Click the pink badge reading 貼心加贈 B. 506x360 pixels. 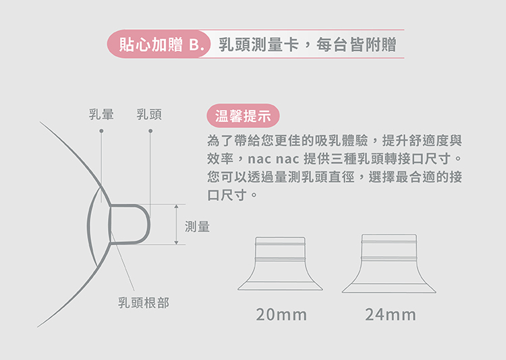coord(159,44)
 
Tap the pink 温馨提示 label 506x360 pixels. coord(243,115)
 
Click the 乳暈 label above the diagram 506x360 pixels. coord(101,114)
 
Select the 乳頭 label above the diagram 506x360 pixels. coord(149,114)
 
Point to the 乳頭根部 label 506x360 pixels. coord(144,303)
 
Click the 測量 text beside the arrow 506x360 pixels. coord(197,227)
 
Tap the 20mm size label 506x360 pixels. coord(281,315)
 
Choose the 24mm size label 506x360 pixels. coord(391,315)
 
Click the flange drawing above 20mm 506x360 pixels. coord(280,264)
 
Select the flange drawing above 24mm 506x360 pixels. coord(389,264)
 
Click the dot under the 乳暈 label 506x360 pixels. coord(101,131)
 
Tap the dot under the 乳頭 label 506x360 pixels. coord(150,131)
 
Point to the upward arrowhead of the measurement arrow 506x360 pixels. coord(176,206)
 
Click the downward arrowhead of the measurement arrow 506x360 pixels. coord(176,242)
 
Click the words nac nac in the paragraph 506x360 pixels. coord(273,158)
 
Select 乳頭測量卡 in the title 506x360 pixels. coord(259,44)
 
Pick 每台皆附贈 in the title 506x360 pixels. coord(356,44)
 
